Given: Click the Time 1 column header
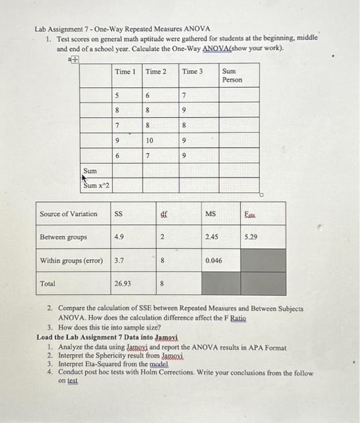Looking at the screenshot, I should click(x=125, y=72).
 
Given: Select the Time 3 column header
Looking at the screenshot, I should click(x=193, y=72).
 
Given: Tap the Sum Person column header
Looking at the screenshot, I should click(x=232, y=76).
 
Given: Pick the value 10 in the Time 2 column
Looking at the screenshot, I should click(x=150, y=140).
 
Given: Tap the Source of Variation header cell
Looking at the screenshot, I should click(x=68, y=214).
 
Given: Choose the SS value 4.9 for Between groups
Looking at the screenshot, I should click(x=120, y=237).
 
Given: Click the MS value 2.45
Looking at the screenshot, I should click(x=211, y=237).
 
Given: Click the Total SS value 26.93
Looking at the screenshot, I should click(x=123, y=283).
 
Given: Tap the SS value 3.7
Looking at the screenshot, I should click(x=120, y=260).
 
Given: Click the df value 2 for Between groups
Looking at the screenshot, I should click(x=163, y=237).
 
